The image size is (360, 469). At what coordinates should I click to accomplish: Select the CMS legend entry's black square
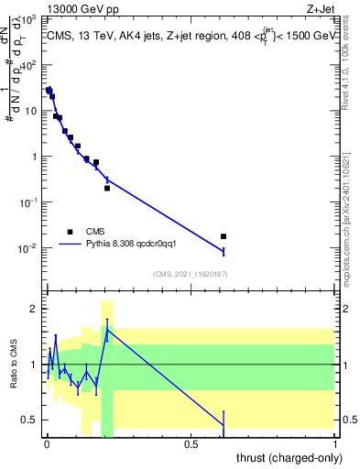70,231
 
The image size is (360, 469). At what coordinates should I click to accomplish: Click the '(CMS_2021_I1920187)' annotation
191,273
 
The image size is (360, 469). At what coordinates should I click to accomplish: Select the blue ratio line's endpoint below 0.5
224,425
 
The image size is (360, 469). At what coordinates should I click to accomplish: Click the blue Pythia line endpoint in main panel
224,251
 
